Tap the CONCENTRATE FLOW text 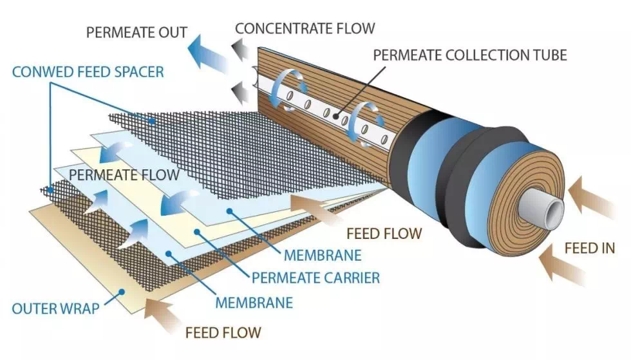[305, 28]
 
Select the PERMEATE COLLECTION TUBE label [470, 55]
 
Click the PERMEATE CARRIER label [315, 278]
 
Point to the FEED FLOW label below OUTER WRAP [223, 333]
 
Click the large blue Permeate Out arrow [209, 52]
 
